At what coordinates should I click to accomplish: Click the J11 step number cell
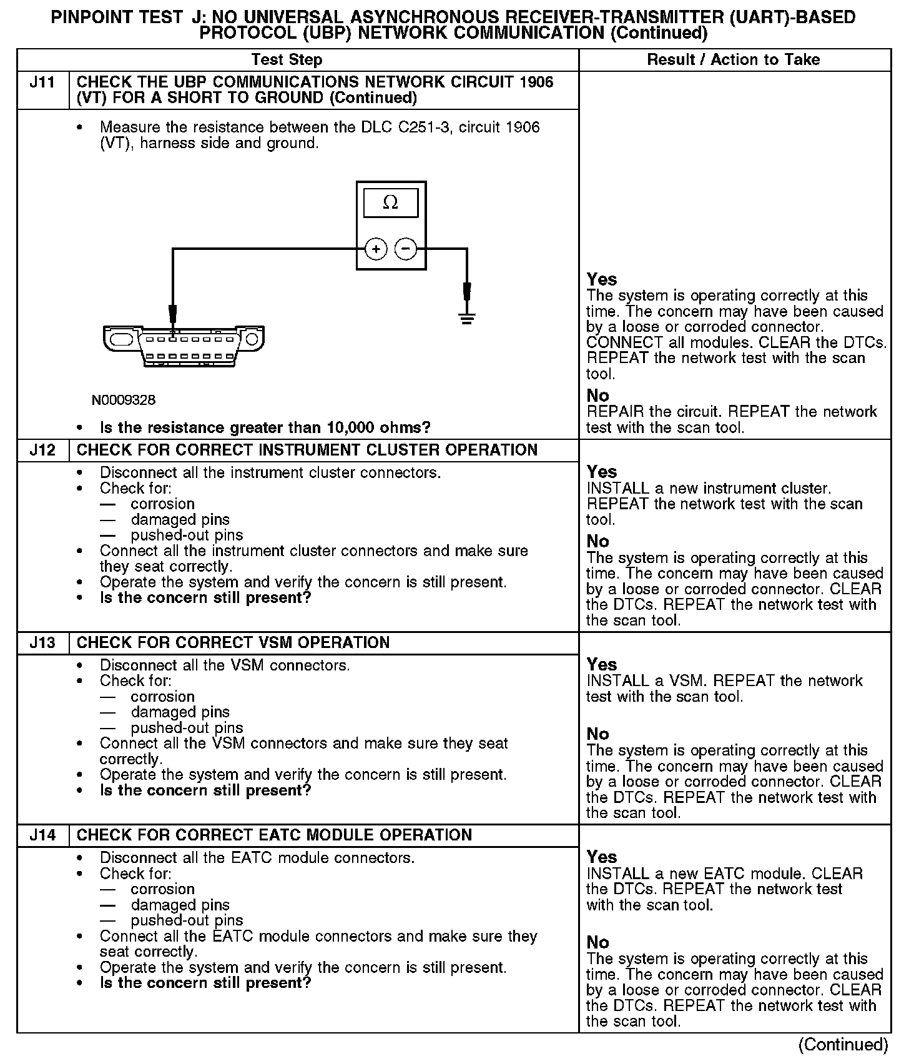(x=42, y=82)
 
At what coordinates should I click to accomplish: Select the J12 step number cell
(x=42, y=451)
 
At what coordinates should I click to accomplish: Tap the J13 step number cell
(x=42, y=643)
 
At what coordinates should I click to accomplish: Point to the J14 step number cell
(x=42, y=835)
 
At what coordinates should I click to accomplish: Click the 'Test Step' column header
(x=287, y=60)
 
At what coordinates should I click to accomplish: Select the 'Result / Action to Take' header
(x=734, y=60)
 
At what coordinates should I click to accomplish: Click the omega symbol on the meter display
(x=390, y=202)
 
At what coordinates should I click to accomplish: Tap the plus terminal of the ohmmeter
(x=376, y=250)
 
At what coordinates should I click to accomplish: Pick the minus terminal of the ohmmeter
(x=406, y=250)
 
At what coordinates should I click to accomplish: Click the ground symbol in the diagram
(x=467, y=319)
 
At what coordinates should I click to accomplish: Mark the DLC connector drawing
(x=184, y=345)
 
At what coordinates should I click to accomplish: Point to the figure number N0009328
(x=124, y=400)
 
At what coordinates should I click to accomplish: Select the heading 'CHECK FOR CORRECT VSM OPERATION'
(x=233, y=643)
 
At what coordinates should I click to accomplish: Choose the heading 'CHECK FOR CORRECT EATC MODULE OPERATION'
(x=274, y=835)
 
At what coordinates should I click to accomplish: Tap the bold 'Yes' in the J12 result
(x=602, y=472)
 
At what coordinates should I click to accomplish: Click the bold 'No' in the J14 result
(x=597, y=942)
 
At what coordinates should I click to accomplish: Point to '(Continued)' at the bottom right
(x=843, y=1045)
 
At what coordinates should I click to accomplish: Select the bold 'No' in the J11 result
(x=597, y=396)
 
